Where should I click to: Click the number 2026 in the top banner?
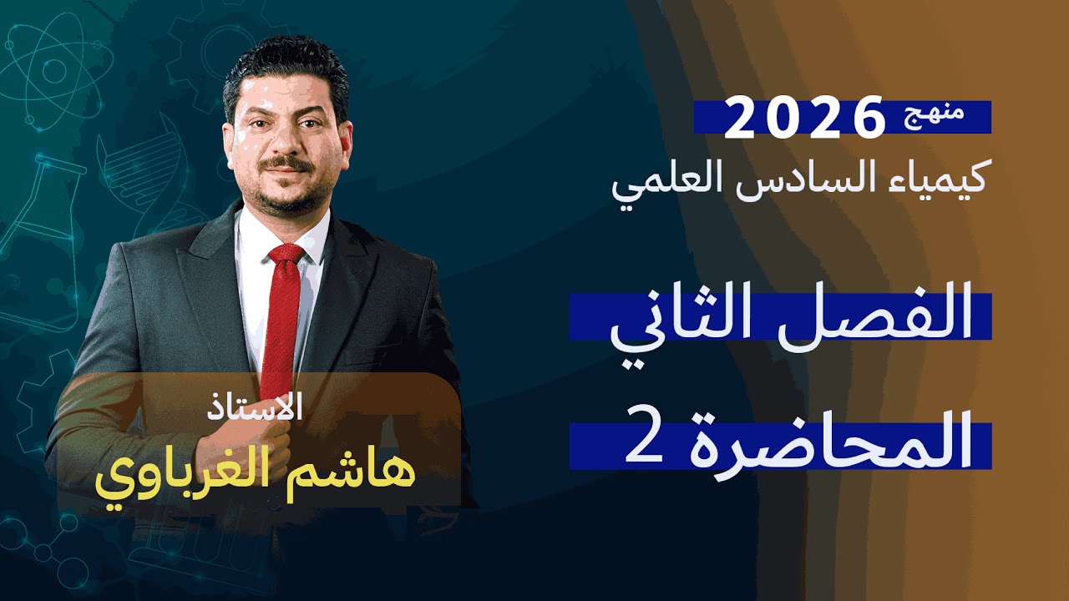click(804, 118)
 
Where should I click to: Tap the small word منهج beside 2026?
click(936, 116)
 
